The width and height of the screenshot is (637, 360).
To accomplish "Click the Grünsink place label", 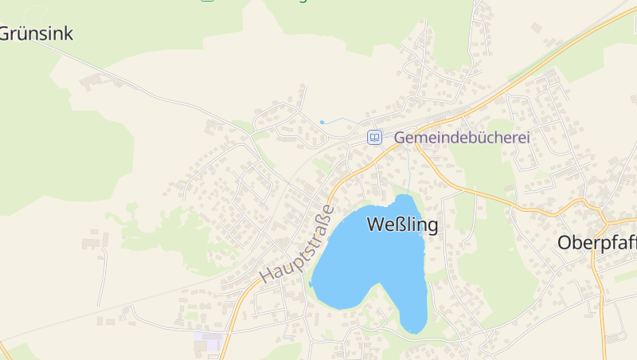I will point(36,33).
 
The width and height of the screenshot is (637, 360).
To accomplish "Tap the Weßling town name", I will point(403,225).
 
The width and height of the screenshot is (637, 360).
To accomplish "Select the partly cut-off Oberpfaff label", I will point(596,242).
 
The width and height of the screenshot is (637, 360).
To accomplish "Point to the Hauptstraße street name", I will point(296,244).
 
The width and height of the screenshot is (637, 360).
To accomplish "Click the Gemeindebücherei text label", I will point(462,137).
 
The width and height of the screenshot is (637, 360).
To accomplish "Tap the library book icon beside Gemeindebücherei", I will point(374,137).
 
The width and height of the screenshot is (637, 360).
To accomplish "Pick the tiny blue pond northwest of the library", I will point(322,122).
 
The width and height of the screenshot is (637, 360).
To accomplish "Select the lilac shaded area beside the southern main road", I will point(209,342).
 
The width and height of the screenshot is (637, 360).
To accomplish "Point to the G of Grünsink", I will point(5,33).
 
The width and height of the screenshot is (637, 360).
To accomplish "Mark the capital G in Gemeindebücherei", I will point(401,137).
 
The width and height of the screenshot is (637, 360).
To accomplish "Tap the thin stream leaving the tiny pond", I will point(338,119).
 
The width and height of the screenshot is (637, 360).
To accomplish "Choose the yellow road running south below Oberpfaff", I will point(602,311).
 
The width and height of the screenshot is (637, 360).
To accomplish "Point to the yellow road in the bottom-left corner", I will point(4,350).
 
